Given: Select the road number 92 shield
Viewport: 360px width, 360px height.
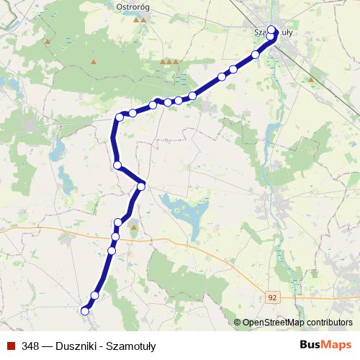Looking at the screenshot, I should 270,297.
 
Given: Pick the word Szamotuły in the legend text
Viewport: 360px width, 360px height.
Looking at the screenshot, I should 130,346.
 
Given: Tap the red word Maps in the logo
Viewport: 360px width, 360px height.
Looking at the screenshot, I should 336,345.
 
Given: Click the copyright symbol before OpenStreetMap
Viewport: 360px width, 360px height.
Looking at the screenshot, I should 237,323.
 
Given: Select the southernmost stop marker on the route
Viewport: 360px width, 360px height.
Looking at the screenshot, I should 85,311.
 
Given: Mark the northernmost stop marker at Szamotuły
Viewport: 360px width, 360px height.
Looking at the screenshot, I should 271,30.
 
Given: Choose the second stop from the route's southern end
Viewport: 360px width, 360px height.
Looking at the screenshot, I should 94,295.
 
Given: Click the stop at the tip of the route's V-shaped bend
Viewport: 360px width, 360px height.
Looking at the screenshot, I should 141,186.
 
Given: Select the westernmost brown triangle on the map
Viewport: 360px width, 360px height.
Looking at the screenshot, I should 48,42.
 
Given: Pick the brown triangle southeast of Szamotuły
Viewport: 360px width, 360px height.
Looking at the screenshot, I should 311,78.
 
